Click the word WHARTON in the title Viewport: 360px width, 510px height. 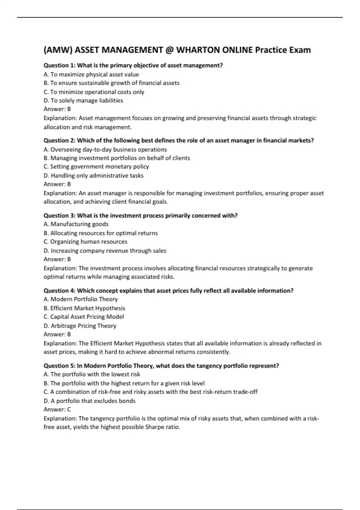[198, 50]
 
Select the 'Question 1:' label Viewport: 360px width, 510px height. [59, 65]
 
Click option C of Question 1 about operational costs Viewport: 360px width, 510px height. [94, 92]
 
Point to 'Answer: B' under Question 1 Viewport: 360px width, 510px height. [57, 109]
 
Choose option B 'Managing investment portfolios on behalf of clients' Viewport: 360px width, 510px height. [117, 158]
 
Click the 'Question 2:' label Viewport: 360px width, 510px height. [59, 140]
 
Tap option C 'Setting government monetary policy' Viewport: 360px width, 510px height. [96, 166]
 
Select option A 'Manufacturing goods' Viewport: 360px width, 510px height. [76, 224]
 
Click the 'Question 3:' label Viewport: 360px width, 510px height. [59, 215]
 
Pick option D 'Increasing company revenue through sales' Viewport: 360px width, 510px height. [105, 251]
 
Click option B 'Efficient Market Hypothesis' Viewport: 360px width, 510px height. [84, 308]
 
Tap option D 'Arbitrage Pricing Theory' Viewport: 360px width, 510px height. [80, 326]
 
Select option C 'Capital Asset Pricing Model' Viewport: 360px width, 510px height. [83, 317]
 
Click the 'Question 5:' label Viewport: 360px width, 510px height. [59, 366]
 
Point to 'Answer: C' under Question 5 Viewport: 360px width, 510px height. [57, 409]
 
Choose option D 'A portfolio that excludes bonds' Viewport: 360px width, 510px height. [89, 401]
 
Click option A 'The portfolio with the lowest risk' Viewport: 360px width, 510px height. [92, 374]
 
